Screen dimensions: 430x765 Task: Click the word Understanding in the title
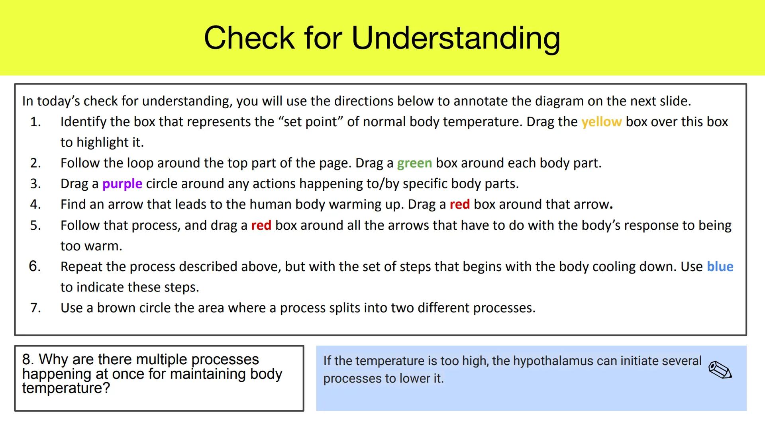click(x=456, y=38)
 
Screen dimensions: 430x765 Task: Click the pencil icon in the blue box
click(x=720, y=370)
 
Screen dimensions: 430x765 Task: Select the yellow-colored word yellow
click(x=601, y=122)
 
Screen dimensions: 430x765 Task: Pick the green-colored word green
click(x=414, y=163)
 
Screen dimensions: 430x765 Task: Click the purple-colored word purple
click(x=122, y=184)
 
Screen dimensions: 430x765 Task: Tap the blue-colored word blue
click(x=720, y=267)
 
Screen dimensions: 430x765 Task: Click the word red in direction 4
click(x=459, y=205)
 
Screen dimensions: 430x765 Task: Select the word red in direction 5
click(x=261, y=225)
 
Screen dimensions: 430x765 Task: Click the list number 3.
click(x=35, y=184)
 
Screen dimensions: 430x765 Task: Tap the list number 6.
click(x=35, y=266)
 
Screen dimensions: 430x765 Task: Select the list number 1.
click(x=35, y=122)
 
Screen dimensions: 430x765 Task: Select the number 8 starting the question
click(x=26, y=360)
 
